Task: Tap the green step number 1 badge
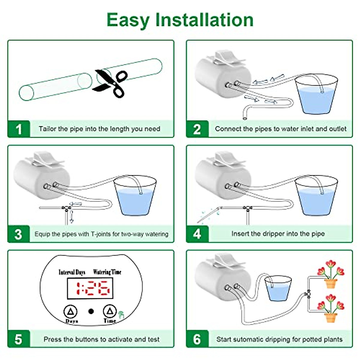[19, 129]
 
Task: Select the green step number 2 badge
[197, 129]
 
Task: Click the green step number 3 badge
[19, 234]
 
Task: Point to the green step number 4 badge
[197, 234]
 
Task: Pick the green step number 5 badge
[19, 339]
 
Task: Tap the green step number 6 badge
[197, 339]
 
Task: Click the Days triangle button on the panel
[71, 312]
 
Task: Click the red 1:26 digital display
[90, 288]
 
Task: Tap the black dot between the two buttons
[91, 311]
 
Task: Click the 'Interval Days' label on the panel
[72, 272]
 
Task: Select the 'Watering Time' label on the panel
[107, 272]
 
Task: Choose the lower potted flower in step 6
[331, 309]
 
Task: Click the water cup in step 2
[316, 95]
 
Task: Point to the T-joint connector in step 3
[66, 208]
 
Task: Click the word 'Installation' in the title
[204, 20]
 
